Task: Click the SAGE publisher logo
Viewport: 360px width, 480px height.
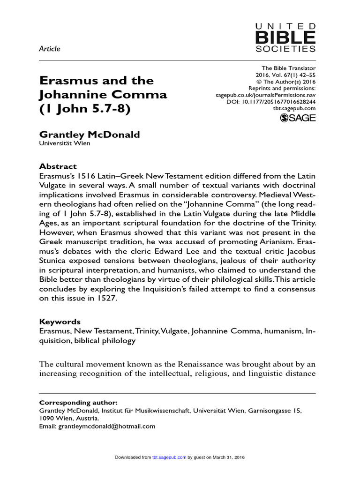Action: point(298,119)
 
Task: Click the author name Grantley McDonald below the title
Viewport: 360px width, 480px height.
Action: point(89,135)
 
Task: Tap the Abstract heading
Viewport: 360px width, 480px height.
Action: point(58,166)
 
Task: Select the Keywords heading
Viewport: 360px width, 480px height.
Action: point(60,322)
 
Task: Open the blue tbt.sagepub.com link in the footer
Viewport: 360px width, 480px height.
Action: point(169,457)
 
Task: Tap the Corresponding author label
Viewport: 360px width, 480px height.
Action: point(78,402)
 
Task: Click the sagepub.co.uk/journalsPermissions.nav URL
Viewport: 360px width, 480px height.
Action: point(262,95)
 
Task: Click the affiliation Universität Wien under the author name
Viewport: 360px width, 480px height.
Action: point(65,144)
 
